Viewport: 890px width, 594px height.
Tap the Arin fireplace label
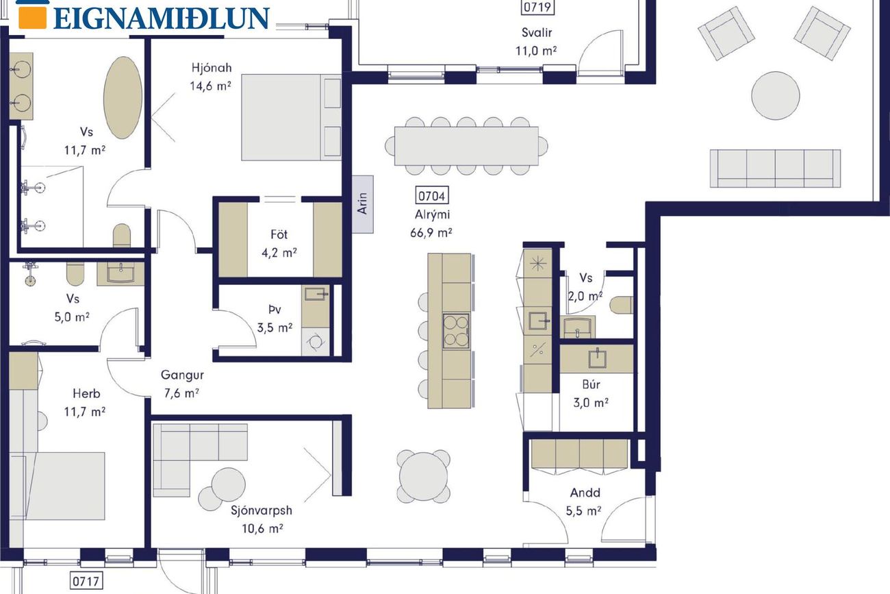pyautogui.click(x=362, y=204)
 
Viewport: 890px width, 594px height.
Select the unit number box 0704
pyautogui.click(x=432, y=196)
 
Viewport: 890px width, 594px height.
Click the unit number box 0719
pyautogui.click(x=537, y=7)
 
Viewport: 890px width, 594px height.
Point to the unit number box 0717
pyautogui.click(x=86, y=582)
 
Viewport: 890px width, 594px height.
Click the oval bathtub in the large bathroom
pyautogui.click(x=123, y=97)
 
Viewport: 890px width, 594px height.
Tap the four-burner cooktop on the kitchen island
pyautogui.click(x=456, y=331)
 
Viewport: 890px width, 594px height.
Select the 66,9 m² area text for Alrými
pyautogui.click(x=431, y=232)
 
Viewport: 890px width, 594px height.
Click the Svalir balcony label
pyautogui.click(x=537, y=33)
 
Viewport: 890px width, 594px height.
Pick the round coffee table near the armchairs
pyautogui.click(x=775, y=95)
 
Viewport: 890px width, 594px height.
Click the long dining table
pyautogui.click(x=466, y=146)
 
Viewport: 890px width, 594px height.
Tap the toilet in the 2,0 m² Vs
pyautogui.click(x=621, y=305)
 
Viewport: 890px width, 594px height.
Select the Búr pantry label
pyautogui.click(x=591, y=384)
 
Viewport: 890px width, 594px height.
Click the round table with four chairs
pyautogui.click(x=423, y=476)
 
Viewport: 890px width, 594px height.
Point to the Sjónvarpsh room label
pyautogui.click(x=262, y=510)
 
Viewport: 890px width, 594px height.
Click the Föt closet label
pyautogui.click(x=279, y=234)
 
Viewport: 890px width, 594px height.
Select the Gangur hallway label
pyautogui.click(x=182, y=375)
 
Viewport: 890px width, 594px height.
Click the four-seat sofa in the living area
pyautogui.click(x=775, y=168)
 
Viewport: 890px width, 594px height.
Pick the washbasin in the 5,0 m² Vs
pyautogui.click(x=120, y=273)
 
